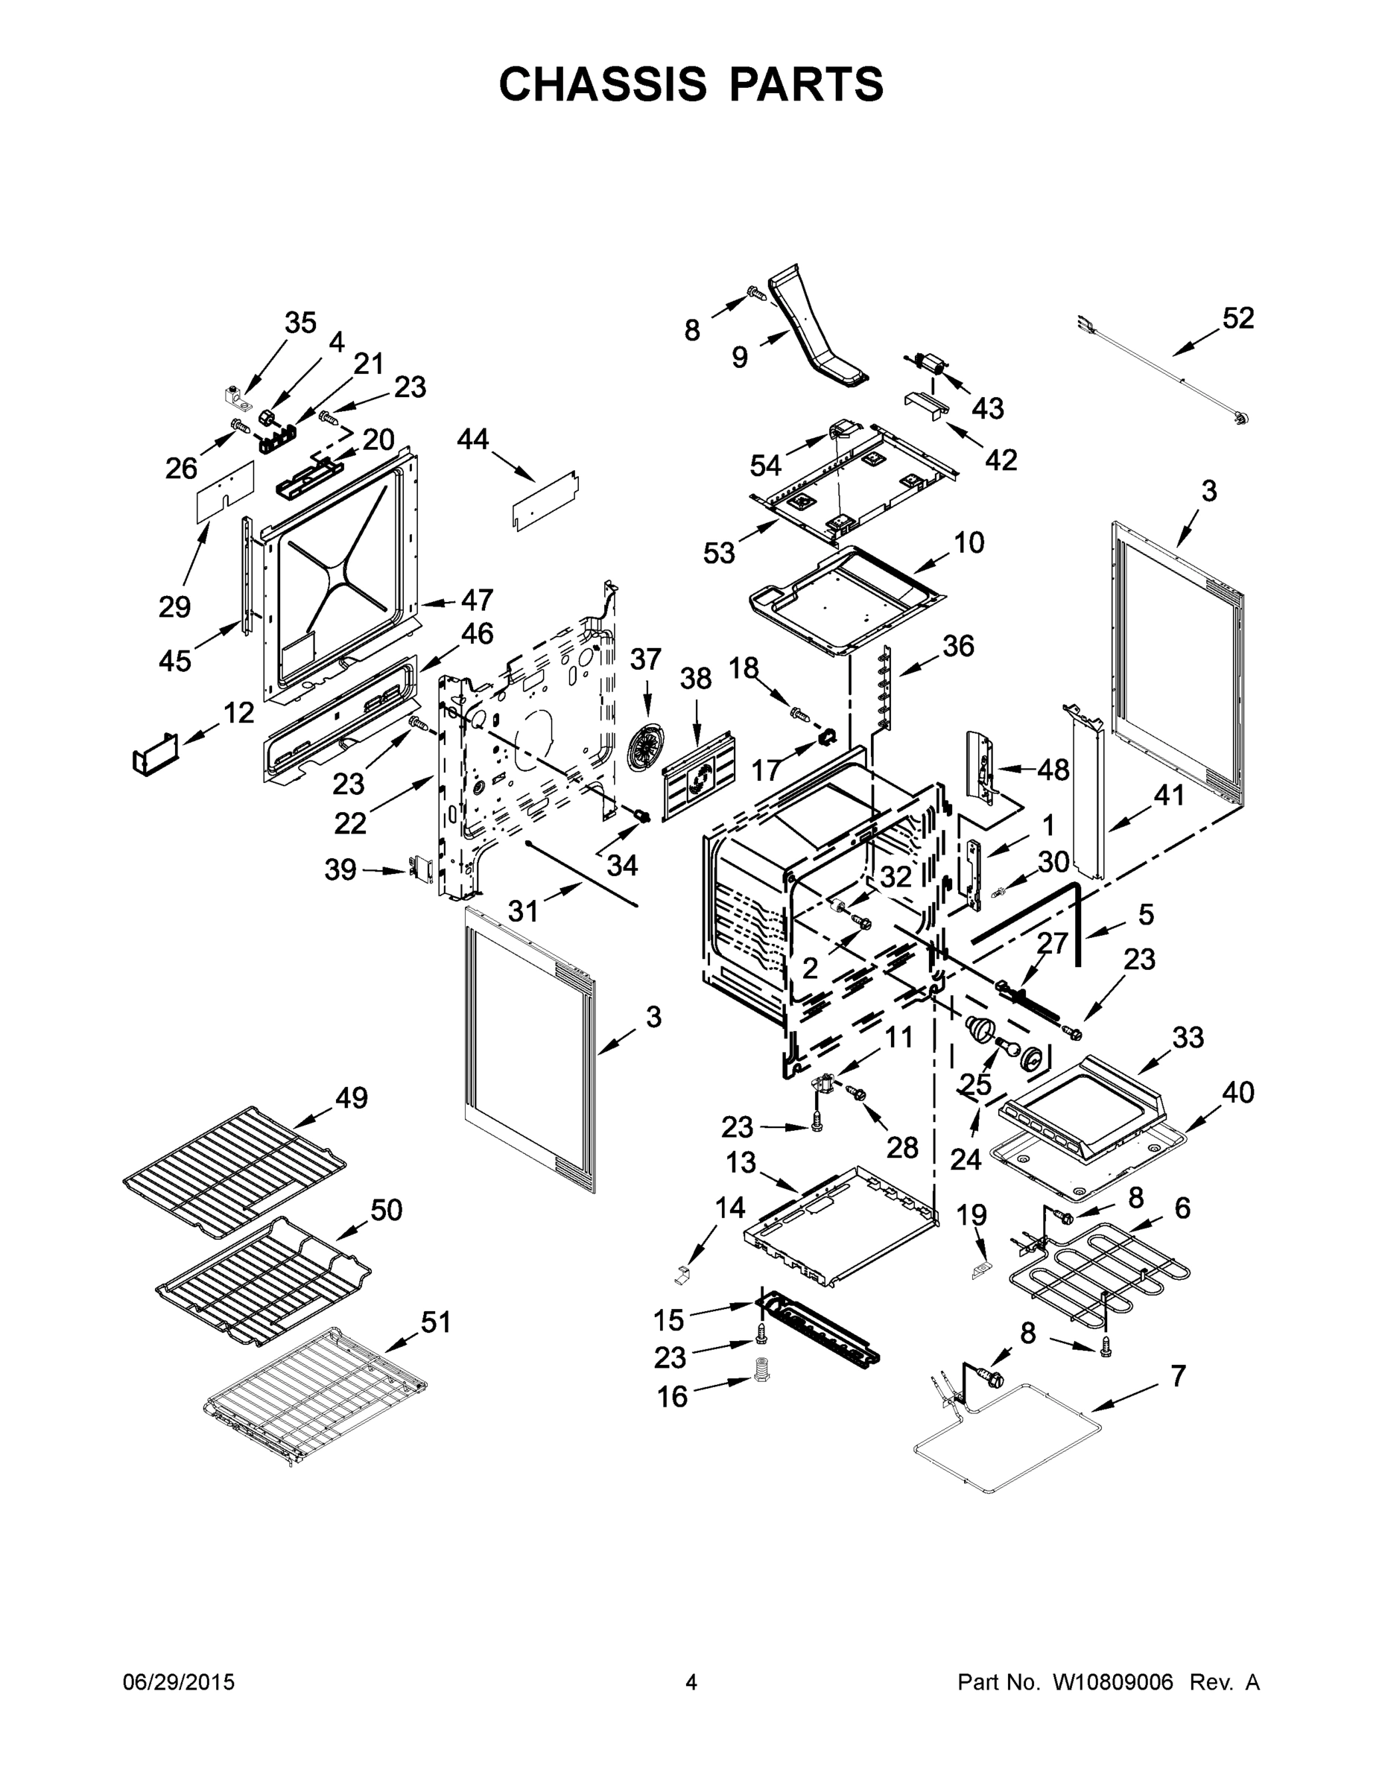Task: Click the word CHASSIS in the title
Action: pos(603,84)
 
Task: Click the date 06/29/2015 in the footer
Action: pos(179,1682)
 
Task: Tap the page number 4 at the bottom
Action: pos(691,1682)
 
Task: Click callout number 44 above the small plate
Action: pos(472,440)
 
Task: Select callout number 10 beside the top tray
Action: pos(969,543)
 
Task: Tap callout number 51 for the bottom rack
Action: pos(435,1322)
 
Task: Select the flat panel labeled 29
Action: pos(224,491)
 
